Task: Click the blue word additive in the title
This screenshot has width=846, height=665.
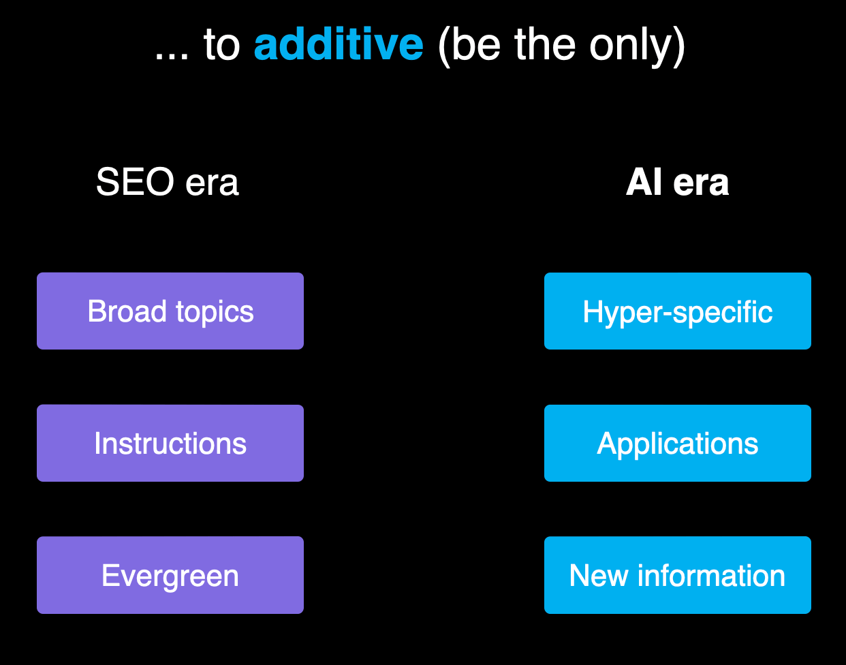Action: (x=339, y=45)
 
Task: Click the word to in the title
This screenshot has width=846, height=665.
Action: (x=221, y=46)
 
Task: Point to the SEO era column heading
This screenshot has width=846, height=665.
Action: (x=168, y=183)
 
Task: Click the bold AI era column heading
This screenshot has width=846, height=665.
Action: (x=677, y=183)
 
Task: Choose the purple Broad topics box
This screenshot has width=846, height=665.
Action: (x=170, y=311)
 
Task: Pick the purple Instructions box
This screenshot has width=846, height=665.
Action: (x=170, y=444)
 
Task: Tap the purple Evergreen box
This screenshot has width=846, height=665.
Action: (x=170, y=576)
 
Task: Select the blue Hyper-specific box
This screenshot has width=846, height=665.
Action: (x=678, y=311)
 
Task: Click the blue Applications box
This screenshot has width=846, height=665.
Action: (x=678, y=444)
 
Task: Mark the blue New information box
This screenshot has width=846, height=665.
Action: (x=678, y=576)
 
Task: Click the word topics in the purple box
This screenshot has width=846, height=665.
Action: (x=215, y=313)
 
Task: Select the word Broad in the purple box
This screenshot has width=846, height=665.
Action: (x=127, y=312)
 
